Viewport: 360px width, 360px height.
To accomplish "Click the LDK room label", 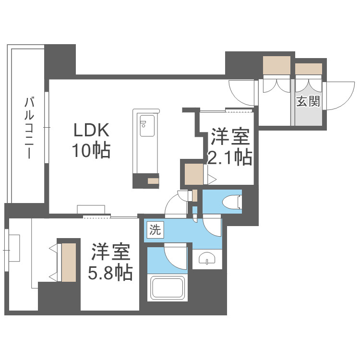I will (92, 131).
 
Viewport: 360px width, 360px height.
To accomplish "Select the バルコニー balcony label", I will (28, 128).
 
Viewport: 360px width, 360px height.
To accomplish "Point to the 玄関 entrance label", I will (308, 102).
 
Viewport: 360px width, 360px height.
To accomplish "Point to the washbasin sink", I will (207, 259).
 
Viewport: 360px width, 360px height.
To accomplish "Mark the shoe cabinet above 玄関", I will (308, 69).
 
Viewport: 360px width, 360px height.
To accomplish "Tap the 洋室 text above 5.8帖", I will (110, 252).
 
